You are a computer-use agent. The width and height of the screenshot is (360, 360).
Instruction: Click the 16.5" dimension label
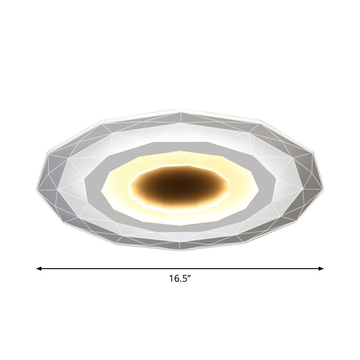pyautogui.click(x=180, y=279)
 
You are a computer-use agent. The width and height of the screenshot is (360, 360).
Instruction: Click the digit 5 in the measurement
pyautogui.click(x=184, y=279)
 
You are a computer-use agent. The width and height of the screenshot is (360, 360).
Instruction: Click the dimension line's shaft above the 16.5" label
pyautogui.click(x=180, y=269)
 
